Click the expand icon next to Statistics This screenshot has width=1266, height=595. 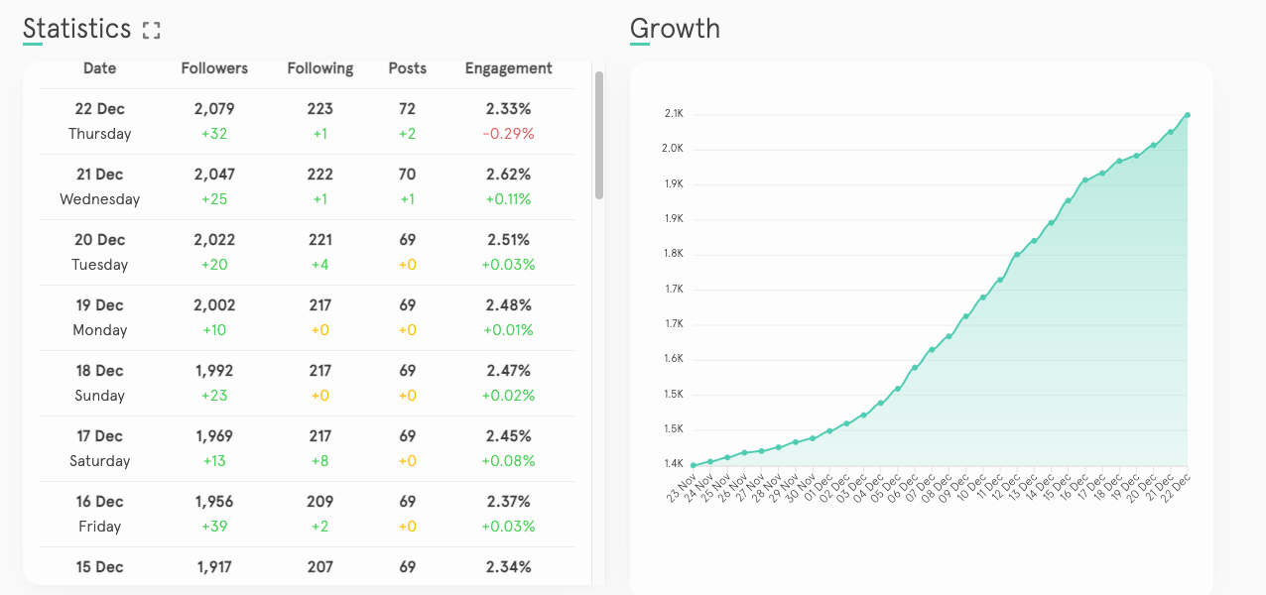pos(151,30)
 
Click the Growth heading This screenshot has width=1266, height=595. pos(675,29)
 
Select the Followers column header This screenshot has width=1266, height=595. pos(214,68)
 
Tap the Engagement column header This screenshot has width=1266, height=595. pos(508,68)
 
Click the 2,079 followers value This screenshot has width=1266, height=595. pos(214,109)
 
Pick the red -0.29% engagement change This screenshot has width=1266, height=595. pos(508,134)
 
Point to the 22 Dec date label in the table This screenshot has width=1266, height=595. pos(99,109)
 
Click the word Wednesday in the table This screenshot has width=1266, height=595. pos(99,199)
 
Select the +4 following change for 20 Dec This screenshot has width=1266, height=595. pos(319,265)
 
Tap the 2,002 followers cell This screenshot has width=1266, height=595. pos(214,305)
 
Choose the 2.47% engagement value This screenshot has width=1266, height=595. pos(508,371)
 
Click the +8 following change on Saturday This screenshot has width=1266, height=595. pos(319,461)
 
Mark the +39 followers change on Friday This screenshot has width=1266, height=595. pos(214,527)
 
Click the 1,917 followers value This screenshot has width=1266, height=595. pos(214,567)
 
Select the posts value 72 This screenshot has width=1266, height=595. pos(407,109)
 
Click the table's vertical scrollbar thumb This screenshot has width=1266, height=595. pos(599,135)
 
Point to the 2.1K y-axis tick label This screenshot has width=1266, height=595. pos(674,114)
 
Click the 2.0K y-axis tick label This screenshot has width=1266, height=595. pos(674,149)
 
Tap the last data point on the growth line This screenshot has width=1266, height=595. pos(1187,115)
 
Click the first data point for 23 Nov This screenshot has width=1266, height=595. pos(693,465)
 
